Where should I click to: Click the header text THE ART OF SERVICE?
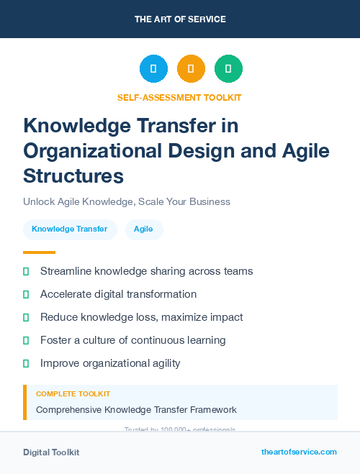[180, 19]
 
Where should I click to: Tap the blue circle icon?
[153, 69]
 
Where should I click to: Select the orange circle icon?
[191, 69]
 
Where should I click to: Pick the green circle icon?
[228, 69]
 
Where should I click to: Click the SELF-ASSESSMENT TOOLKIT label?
[180, 97]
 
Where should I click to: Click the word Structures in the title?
[73, 176]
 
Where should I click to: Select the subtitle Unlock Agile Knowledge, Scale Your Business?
[126, 201]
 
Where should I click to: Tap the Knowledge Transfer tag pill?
[70, 229]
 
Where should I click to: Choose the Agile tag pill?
[144, 229]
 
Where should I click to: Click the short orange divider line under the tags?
[39, 252]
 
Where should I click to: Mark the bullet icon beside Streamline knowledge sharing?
[26, 271]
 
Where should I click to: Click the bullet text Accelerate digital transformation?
[118, 294]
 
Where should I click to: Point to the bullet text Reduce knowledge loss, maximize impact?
[141, 317]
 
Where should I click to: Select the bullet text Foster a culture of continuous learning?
[133, 340]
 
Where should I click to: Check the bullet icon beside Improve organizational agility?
[26, 363]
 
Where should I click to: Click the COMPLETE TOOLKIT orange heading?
[73, 394]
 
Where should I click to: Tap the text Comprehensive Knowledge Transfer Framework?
[136, 410]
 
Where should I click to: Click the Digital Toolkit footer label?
[51, 452]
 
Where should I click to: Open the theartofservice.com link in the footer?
[299, 452]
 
